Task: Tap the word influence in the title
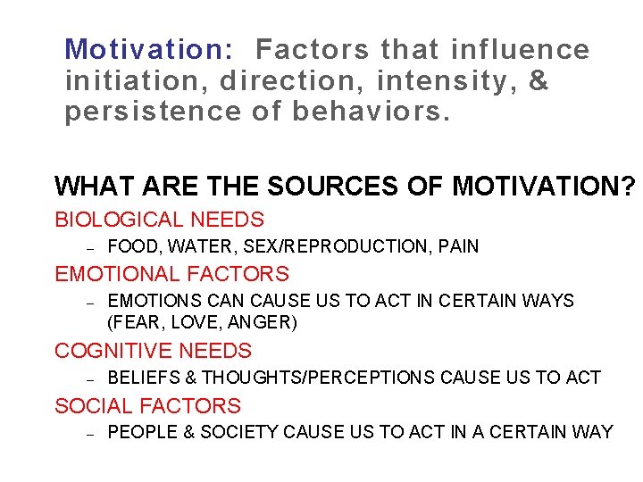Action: point(521,49)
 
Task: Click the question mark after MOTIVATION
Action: point(629,186)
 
